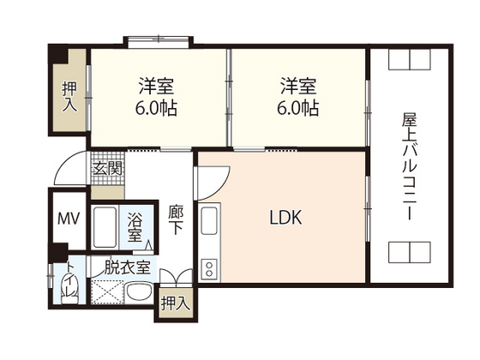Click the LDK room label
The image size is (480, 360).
click(x=286, y=217)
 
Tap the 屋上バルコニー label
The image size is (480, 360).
click(x=410, y=166)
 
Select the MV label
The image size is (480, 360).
click(x=69, y=219)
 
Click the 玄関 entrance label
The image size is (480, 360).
click(x=108, y=168)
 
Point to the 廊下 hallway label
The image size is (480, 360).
click(x=176, y=219)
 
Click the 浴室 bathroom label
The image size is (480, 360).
click(x=135, y=226)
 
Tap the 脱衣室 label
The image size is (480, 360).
click(x=128, y=267)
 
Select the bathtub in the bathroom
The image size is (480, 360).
click(x=105, y=227)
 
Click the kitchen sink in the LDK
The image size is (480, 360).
click(x=209, y=220)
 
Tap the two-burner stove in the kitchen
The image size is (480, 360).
click(x=209, y=268)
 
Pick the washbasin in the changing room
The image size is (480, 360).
click(x=140, y=292)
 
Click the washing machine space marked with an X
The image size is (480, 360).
click(x=108, y=291)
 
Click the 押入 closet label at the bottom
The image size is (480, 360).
click(x=174, y=303)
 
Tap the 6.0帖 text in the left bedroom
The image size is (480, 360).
click(x=156, y=108)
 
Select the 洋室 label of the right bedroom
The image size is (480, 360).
click(x=298, y=86)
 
